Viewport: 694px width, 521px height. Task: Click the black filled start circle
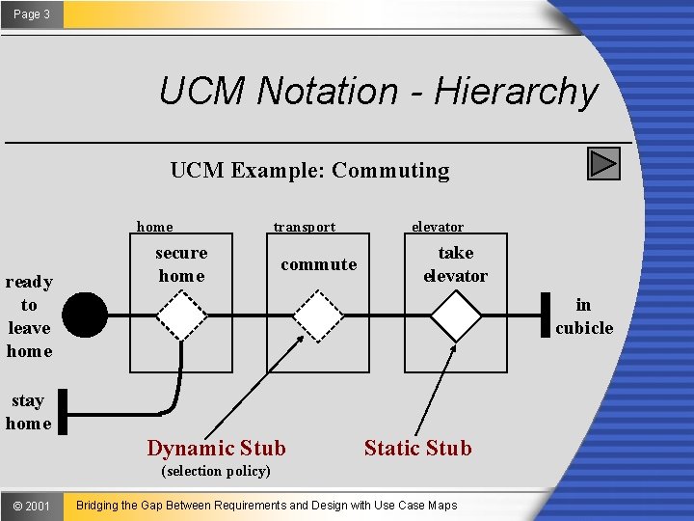pyautogui.click(x=88, y=315)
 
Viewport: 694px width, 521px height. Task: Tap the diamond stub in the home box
pyautogui.click(x=181, y=315)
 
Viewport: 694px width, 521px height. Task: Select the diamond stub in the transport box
pyautogui.click(x=318, y=315)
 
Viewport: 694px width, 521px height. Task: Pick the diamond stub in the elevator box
pyautogui.click(x=455, y=315)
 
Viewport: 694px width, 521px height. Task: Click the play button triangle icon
pyautogui.click(x=603, y=164)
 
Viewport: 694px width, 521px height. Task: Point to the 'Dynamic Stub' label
pyautogui.click(x=216, y=448)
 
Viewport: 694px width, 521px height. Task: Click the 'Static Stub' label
pyautogui.click(x=417, y=448)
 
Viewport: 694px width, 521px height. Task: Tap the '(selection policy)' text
pyautogui.click(x=216, y=471)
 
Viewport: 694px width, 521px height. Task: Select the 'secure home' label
pyautogui.click(x=181, y=264)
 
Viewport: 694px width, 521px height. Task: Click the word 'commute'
pyautogui.click(x=318, y=264)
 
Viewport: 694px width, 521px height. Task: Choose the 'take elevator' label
pyautogui.click(x=455, y=264)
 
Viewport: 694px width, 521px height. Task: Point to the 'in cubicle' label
pyautogui.click(x=584, y=316)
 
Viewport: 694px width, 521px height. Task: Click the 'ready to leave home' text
pyautogui.click(x=29, y=316)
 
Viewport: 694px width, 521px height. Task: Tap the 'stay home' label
pyautogui.click(x=29, y=412)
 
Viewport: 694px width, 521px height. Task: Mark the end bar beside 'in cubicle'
pyautogui.click(x=545, y=315)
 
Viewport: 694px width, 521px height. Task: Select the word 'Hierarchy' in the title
pyautogui.click(x=516, y=92)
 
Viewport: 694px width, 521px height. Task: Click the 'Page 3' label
pyautogui.click(x=32, y=14)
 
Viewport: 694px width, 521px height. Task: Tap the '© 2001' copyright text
pyautogui.click(x=32, y=506)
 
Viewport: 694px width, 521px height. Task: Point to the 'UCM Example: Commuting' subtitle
pyautogui.click(x=309, y=171)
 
